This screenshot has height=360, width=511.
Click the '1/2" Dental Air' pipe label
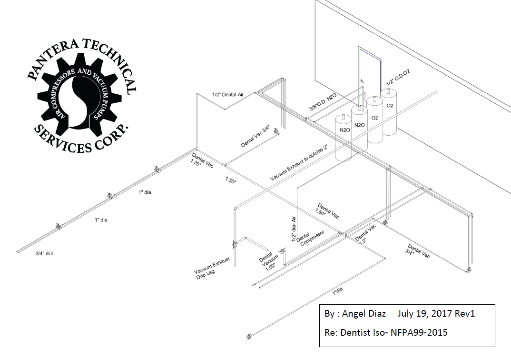(x=228, y=95)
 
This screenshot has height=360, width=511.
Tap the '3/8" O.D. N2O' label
(x=323, y=101)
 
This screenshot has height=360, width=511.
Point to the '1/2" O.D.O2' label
(x=398, y=77)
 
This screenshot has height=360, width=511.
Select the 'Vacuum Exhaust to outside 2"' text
(x=298, y=163)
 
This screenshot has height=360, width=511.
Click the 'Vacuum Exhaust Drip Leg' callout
(x=212, y=268)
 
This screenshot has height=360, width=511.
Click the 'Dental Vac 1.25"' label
(x=202, y=160)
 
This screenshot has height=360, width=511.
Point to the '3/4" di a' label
(x=45, y=253)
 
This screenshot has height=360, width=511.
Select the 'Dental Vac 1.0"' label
(x=365, y=234)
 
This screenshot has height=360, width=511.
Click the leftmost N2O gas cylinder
(x=344, y=138)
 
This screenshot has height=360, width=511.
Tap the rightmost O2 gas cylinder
(x=390, y=112)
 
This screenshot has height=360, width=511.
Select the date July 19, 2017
(x=424, y=314)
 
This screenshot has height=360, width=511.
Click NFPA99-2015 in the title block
(x=419, y=332)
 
